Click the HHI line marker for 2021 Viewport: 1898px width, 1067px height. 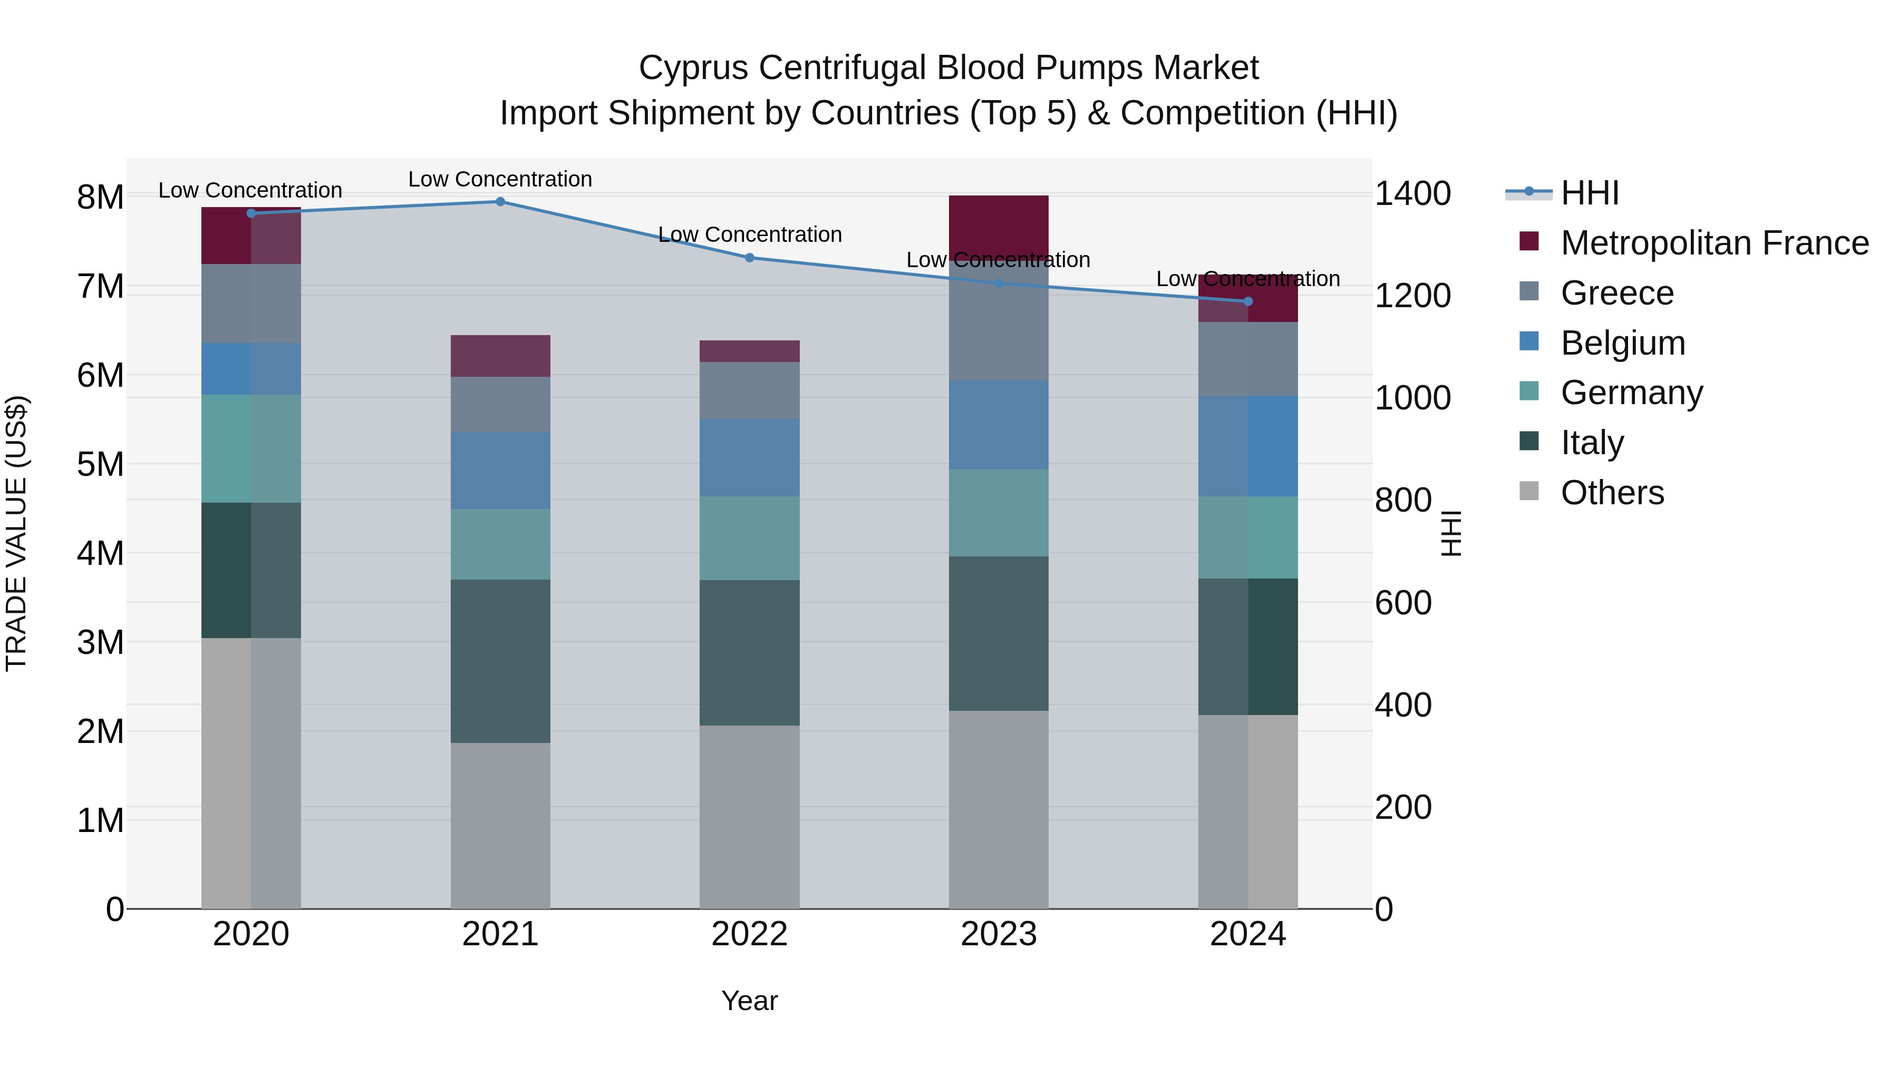[500, 202]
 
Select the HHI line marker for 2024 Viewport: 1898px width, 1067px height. [1248, 301]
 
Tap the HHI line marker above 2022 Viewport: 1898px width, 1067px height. [749, 258]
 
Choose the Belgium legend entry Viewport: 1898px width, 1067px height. [1622, 343]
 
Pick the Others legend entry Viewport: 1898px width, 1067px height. [1612, 493]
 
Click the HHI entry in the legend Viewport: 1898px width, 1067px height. [1589, 193]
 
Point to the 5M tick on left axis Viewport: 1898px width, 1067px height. [100, 465]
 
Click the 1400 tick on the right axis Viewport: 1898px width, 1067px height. [1412, 194]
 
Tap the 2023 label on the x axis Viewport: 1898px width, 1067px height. [999, 934]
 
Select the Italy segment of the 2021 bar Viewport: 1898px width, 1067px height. [500, 661]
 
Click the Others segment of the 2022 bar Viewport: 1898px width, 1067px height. [749, 817]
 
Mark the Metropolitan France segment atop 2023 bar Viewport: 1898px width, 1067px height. [999, 224]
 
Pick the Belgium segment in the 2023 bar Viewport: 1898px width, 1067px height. [999, 425]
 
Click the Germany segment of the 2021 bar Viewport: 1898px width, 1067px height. [500, 544]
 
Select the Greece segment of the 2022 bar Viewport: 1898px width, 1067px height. [749, 390]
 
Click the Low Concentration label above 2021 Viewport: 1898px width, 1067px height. [500, 179]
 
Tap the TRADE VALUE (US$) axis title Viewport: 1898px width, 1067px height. [17, 533]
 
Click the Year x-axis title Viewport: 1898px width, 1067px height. [749, 1001]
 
